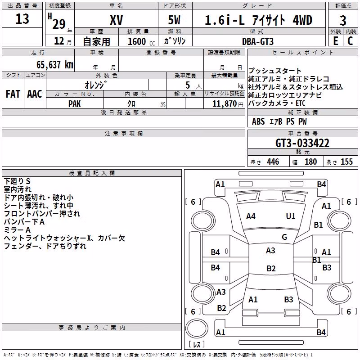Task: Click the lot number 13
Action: point(22,19)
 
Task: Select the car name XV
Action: point(117,20)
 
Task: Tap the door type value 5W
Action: point(174,20)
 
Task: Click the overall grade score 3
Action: point(343,21)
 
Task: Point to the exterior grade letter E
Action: point(335,41)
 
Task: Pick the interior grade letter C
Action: point(350,41)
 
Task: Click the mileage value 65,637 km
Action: point(55,64)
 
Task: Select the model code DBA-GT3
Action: point(258,41)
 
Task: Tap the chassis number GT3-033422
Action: point(302,143)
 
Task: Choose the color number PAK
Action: point(74,104)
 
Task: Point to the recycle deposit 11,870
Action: point(224,104)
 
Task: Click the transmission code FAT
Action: point(13,94)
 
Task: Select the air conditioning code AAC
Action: point(35,94)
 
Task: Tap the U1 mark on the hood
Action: point(290,216)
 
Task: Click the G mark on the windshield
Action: point(284,237)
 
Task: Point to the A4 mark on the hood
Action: point(251,216)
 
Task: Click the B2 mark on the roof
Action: point(271,268)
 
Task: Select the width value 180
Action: point(310,162)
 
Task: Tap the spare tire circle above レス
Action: point(197,328)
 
